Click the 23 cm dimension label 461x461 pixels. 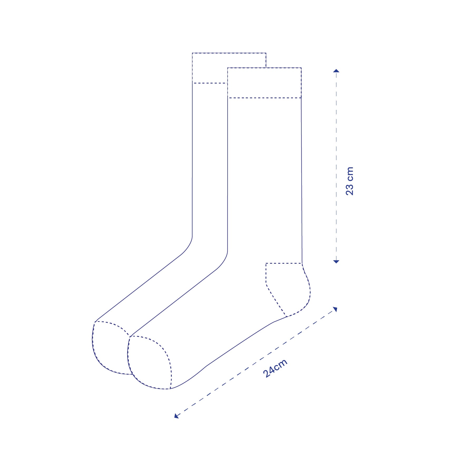point(350,181)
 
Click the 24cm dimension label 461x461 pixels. point(275,368)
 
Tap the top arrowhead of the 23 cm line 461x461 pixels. point(336,71)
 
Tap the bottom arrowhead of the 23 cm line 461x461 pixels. point(336,261)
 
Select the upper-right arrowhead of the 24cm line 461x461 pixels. point(335,309)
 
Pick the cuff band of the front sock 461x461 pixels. point(264,83)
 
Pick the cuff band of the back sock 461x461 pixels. point(209,68)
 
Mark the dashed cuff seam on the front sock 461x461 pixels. point(264,98)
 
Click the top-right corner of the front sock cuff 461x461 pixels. point(301,68)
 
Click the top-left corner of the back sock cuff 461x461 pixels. point(192,53)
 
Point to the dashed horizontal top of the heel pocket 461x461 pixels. point(283,263)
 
